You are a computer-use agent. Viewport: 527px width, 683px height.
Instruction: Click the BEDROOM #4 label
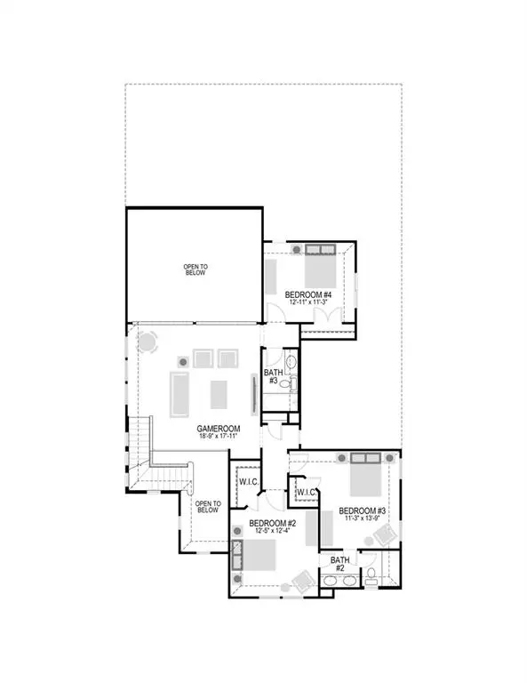click(308, 293)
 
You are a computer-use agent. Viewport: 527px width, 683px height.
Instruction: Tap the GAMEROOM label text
click(217, 429)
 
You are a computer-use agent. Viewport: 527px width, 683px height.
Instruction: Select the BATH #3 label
click(273, 374)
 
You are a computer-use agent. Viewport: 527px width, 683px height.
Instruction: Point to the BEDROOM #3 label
click(363, 510)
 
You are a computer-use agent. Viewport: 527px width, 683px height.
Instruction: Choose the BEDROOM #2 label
click(272, 523)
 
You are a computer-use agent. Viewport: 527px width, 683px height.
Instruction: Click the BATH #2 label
click(339, 565)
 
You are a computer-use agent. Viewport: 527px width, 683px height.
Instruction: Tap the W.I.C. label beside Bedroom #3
click(306, 492)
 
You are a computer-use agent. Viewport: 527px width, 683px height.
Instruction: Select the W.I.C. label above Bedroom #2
click(248, 481)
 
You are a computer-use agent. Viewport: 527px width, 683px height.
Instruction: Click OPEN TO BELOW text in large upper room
click(195, 269)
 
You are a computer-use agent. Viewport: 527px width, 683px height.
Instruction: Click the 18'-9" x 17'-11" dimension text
click(217, 438)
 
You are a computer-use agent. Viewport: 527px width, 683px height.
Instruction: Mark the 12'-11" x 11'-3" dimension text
click(308, 302)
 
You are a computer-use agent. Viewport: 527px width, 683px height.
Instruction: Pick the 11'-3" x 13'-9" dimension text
click(363, 519)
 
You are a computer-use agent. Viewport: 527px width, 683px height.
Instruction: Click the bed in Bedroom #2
click(260, 557)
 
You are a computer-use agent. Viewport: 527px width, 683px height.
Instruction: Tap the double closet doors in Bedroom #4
click(271, 278)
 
